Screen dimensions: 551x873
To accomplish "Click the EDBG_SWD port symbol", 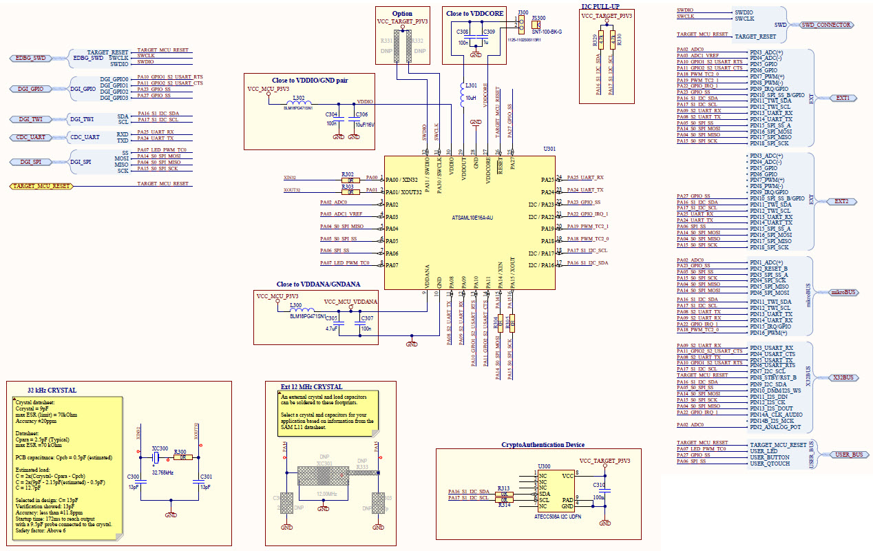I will coord(30,59).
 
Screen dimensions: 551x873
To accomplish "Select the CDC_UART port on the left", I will coord(30,137).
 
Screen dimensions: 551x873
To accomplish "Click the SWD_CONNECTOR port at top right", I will coord(825,25).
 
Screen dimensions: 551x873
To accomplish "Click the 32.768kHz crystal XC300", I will coord(157,457).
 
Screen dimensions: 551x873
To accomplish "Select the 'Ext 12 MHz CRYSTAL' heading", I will coord(311,386).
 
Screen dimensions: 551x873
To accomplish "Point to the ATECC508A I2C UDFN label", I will coord(558,515).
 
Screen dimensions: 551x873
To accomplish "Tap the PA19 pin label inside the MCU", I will coord(547,229).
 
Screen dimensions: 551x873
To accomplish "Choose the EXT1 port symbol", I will coord(842,98).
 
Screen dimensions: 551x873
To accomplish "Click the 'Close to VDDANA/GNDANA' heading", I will coord(318,284).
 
